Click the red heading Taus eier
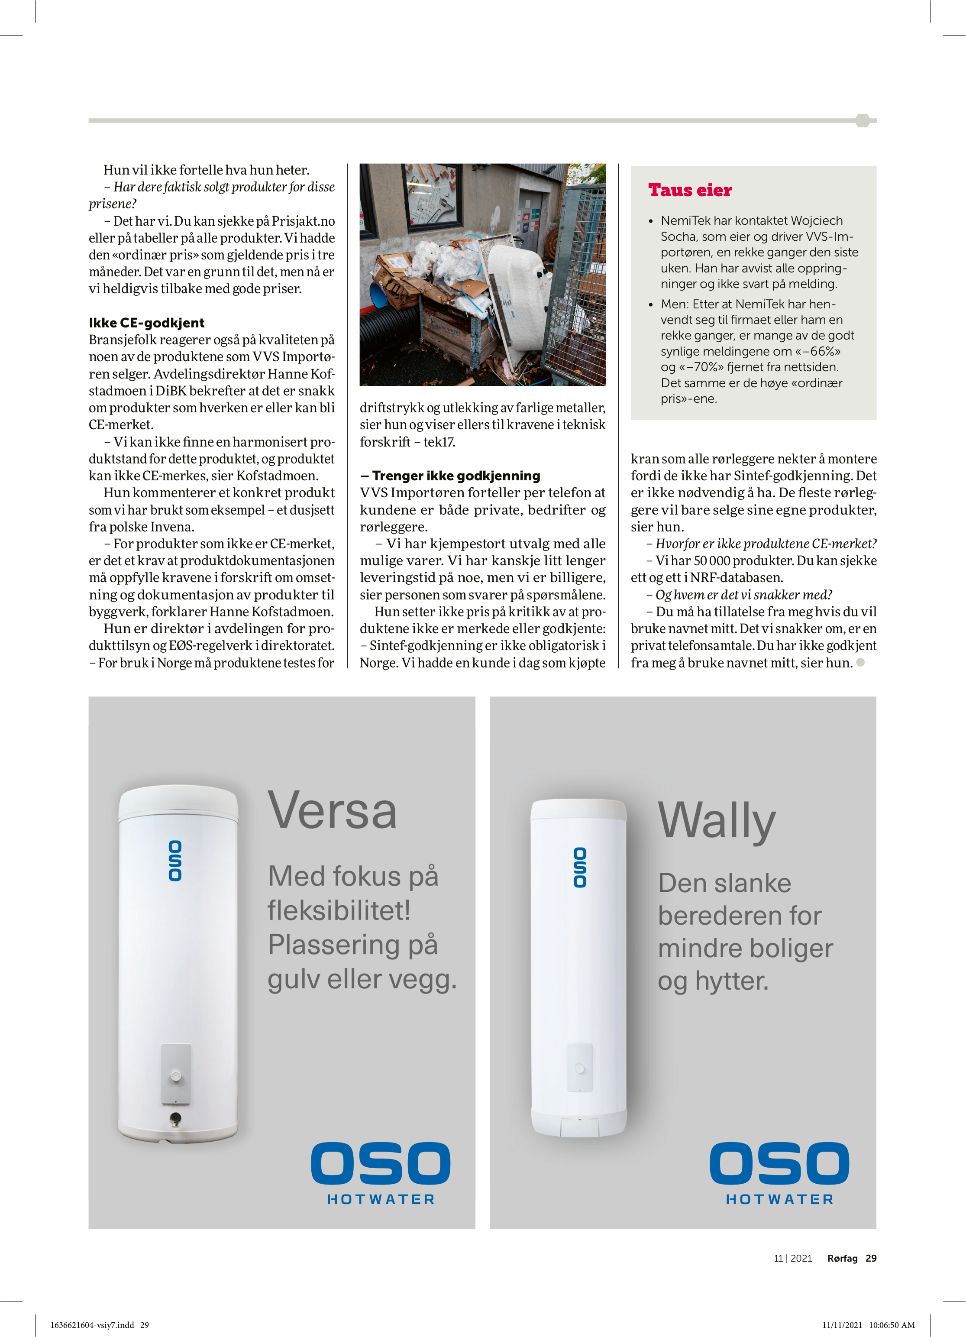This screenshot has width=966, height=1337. coord(690,191)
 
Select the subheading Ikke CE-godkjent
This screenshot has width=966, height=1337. coord(147,323)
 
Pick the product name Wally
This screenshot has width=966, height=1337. coord(717,821)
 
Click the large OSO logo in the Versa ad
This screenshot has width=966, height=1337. coord(381,1164)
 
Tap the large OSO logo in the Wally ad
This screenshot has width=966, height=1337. coord(779,1164)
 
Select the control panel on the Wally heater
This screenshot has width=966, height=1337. coord(580,1068)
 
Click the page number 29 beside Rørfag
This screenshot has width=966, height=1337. coord(871,1258)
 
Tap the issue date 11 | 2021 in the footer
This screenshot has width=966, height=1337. coord(793,1258)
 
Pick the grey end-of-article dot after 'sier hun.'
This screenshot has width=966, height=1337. coord(860,663)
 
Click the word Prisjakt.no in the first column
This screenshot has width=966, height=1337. coord(303,221)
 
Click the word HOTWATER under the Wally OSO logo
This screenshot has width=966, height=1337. coord(779,1200)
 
